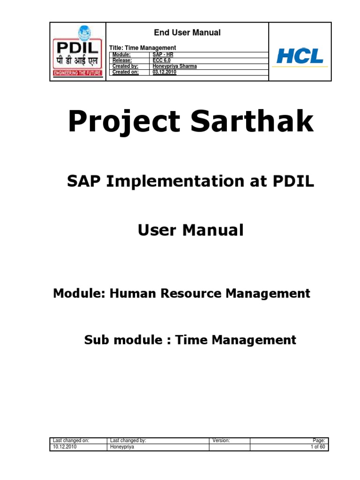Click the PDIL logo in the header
pos(78,52)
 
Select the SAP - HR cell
pos(163,55)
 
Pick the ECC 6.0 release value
pos(162,60)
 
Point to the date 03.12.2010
pos(165,72)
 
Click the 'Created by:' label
pos(125,66)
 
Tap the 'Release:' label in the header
pos(122,60)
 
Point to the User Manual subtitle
pos(191,230)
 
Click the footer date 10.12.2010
pos(65,447)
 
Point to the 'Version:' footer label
pos(221,441)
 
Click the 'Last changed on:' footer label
pos(71,441)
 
